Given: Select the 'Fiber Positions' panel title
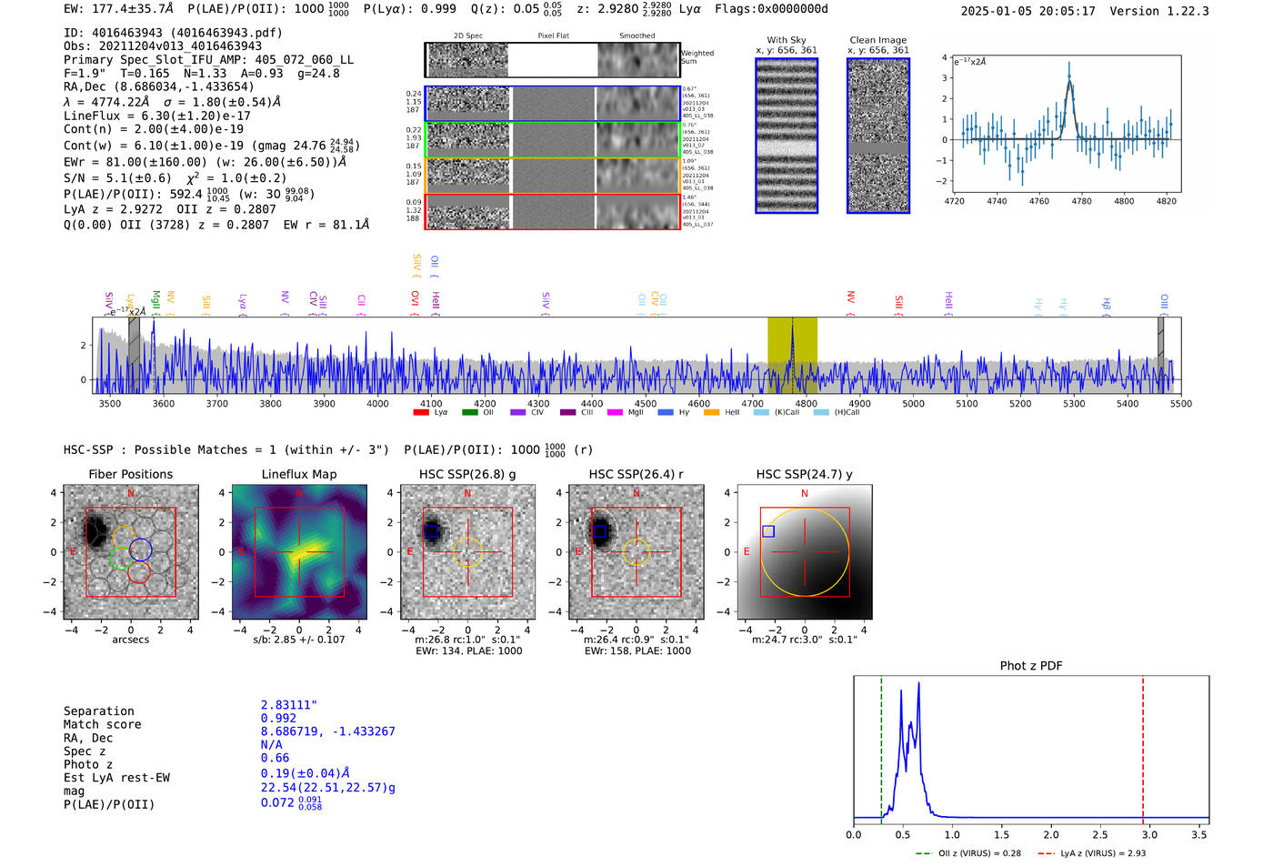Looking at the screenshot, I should [131, 474].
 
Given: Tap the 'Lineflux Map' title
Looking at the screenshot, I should [299, 474].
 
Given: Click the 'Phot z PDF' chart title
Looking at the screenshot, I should [1031, 665].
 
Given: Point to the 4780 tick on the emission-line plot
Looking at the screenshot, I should [1081, 201].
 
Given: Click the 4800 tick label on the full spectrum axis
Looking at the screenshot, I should [806, 403].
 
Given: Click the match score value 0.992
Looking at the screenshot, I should [278, 718].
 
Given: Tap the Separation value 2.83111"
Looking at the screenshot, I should [289, 705].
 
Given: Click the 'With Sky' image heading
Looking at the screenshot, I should [787, 40].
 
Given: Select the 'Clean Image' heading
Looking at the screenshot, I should [878, 40].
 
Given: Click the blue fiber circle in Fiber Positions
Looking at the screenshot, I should [140, 549].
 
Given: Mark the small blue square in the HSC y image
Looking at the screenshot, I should [768, 531].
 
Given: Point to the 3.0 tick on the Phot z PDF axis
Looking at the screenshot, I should [1149, 834].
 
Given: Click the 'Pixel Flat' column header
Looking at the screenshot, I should [553, 35].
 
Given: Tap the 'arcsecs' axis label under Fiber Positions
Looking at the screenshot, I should [131, 640].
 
